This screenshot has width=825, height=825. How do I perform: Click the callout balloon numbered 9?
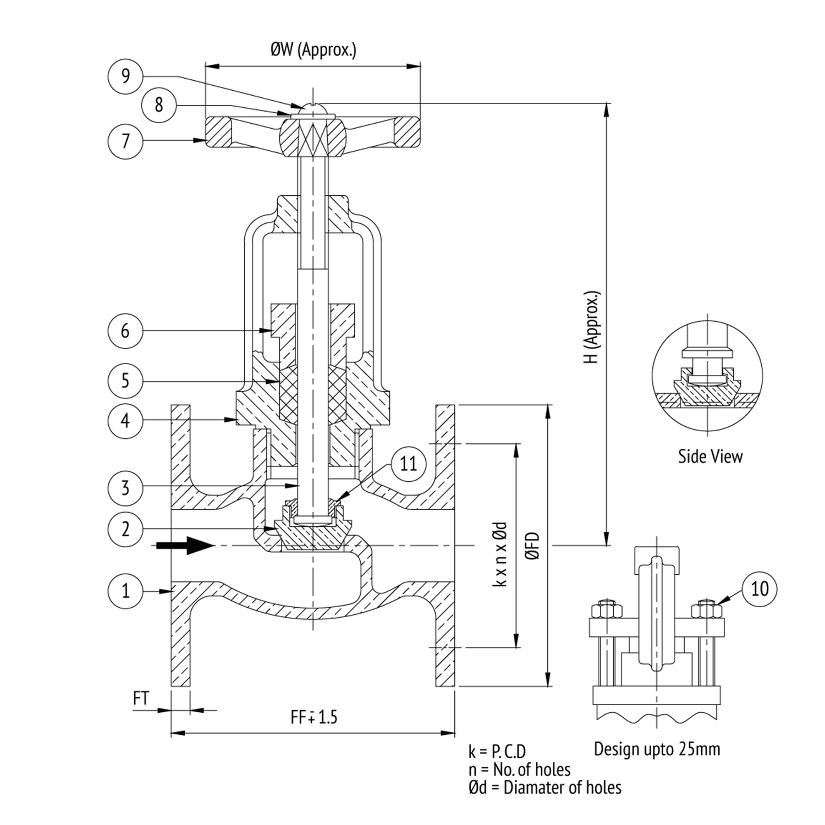click(125, 75)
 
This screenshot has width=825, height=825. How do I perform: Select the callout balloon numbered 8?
click(159, 105)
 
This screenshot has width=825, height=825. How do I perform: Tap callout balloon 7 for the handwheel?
click(125, 141)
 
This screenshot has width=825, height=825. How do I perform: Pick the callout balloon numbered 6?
click(125, 331)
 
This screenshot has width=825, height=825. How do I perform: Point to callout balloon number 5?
click(125, 380)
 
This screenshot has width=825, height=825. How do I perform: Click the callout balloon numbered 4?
click(125, 421)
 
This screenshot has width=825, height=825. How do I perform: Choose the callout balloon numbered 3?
click(125, 487)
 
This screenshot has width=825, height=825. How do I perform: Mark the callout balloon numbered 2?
click(125, 529)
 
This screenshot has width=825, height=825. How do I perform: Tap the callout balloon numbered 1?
click(125, 590)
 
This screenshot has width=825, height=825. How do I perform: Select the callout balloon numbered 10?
click(760, 588)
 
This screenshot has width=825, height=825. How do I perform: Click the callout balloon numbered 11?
click(408, 464)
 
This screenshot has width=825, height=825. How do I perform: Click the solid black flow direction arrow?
click(185, 546)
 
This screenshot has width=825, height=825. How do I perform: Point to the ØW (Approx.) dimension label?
click(313, 50)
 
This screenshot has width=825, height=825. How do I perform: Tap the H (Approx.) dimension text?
click(592, 327)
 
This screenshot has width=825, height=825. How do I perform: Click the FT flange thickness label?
click(141, 698)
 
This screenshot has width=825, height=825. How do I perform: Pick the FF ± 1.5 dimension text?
click(314, 717)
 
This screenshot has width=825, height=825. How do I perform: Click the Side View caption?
click(710, 456)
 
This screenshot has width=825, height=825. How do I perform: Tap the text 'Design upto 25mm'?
click(657, 749)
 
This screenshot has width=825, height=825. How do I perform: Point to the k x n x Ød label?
click(500, 554)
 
